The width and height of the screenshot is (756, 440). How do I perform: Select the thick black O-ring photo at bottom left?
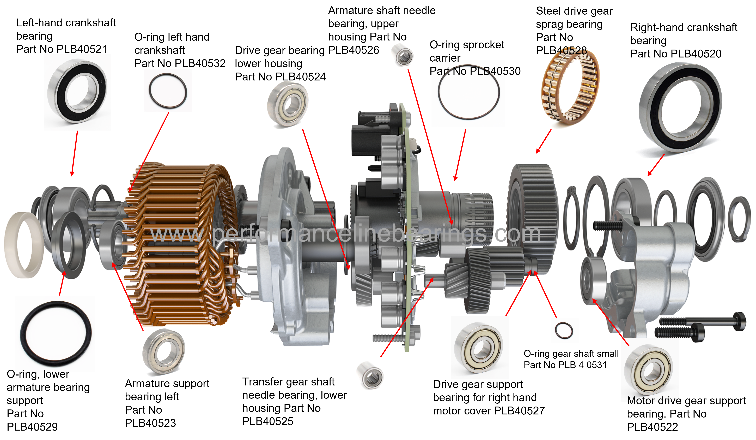point(56,333)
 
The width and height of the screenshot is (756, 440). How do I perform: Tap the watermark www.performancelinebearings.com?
point(345,234)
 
